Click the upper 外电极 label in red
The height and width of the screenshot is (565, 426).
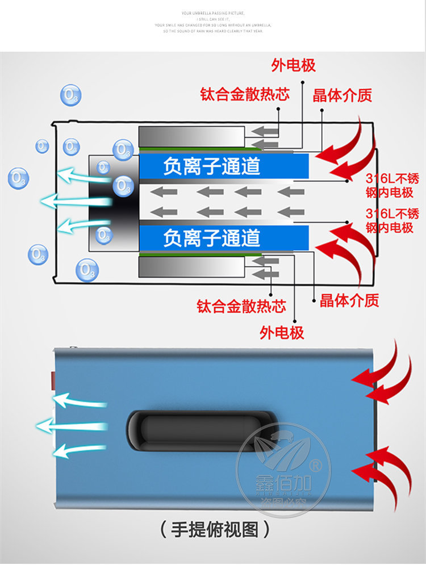pos(293,66)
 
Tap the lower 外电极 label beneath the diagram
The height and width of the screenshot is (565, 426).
pos(282,332)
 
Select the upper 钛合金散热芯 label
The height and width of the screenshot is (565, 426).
pos(244,94)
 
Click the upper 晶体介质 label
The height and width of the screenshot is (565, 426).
pos(342,95)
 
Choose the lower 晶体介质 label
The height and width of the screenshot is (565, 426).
pos(349,300)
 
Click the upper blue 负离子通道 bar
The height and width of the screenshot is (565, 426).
pos(224,166)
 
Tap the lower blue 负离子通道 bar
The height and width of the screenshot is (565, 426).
pos(224,238)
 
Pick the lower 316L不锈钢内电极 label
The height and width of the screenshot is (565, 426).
pos(392,221)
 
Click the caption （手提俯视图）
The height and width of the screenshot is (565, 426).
pos(213,530)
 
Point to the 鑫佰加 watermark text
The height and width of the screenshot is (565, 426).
pos(281,486)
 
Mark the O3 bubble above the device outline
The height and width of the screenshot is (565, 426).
pos(70,95)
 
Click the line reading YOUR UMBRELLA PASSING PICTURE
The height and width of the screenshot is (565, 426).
pos(213,12)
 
